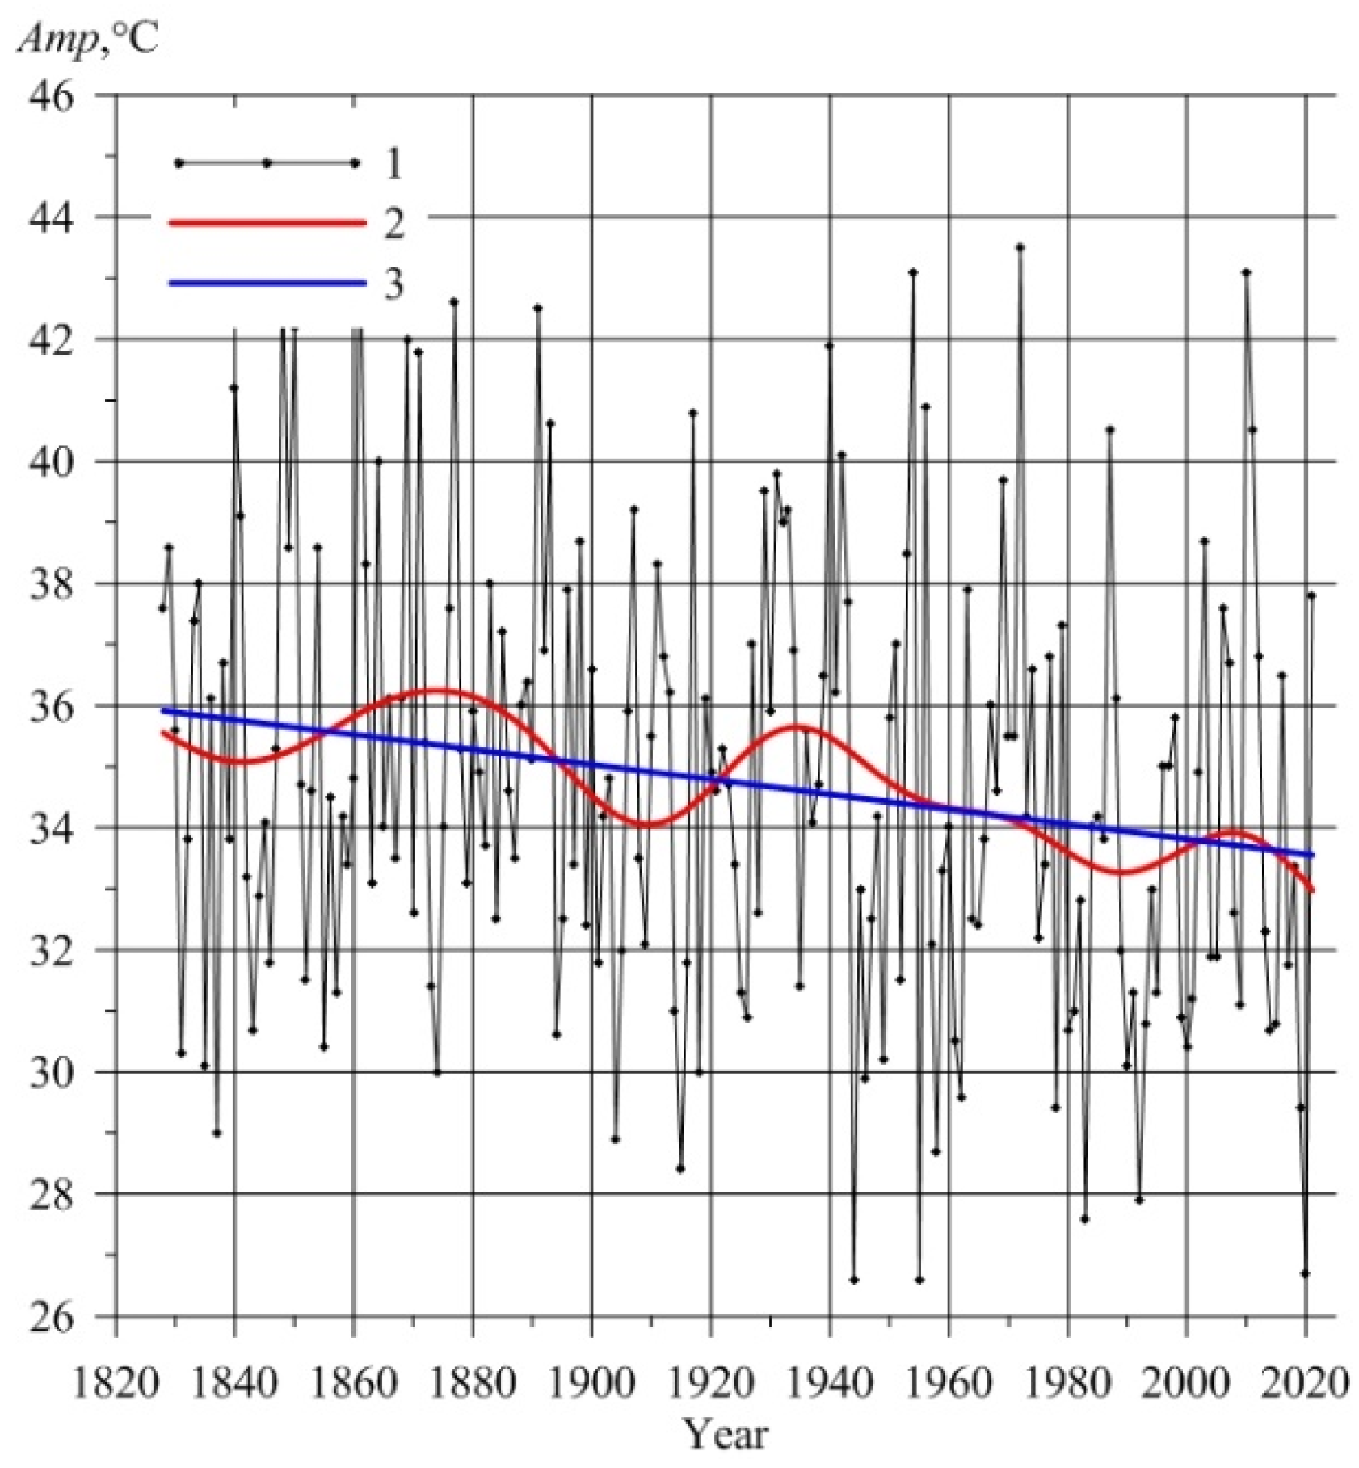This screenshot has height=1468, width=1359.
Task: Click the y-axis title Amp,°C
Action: pyautogui.click(x=87, y=38)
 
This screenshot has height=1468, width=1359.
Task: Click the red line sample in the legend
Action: pyautogui.click(x=267, y=223)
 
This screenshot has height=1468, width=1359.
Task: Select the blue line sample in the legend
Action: pyautogui.click(x=267, y=283)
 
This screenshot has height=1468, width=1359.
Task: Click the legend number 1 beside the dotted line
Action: pyautogui.click(x=393, y=164)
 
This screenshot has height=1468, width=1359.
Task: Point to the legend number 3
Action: pyautogui.click(x=393, y=284)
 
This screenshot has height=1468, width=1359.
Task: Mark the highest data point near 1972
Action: pyautogui.click(x=1020, y=247)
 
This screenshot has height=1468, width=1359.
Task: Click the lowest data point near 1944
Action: pyautogui.click(x=854, y=1280)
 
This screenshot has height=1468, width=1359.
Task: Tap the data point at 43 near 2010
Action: pyautogui.click(x=1246, y=273)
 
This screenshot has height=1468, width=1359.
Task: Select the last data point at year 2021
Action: pyautogui.click(x=1311, y=595)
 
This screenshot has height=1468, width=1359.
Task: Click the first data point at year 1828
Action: pyautogui.click(x=162, y=608)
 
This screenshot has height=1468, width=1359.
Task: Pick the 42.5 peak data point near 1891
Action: pyautogui.click(x=537, y=308)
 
